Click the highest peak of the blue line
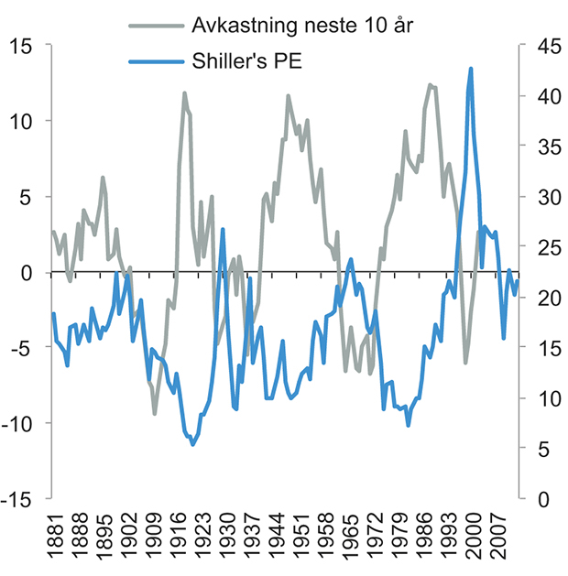pos(471,69)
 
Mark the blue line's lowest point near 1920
pos(192,444)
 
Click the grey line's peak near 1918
pos(184,93)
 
